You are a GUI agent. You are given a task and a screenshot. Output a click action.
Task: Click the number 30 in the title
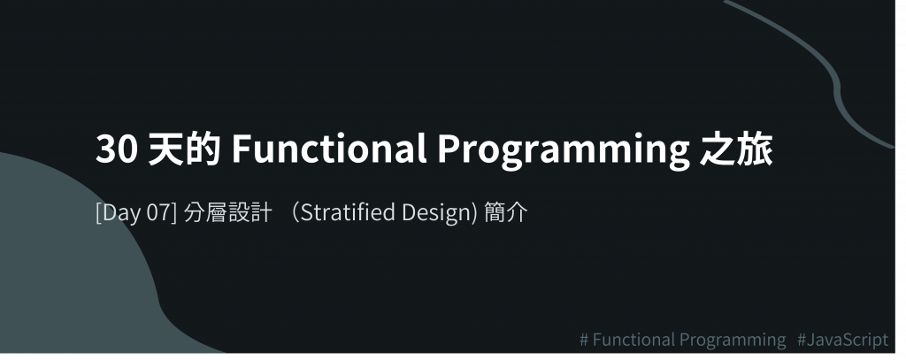117,149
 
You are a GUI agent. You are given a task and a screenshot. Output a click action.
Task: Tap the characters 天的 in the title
184,149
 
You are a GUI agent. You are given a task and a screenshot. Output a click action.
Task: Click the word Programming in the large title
564,151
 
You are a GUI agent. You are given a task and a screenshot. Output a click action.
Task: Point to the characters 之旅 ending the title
736,149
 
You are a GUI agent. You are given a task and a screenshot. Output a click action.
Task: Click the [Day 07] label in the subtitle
135,212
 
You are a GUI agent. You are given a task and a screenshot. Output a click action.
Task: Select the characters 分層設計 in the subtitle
227,212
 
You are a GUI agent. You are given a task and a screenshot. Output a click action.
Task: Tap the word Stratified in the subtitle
347,212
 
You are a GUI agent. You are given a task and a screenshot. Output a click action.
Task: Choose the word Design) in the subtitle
440,213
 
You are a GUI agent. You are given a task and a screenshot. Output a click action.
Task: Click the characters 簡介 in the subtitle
506,212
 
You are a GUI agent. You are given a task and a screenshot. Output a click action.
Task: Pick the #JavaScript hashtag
842,340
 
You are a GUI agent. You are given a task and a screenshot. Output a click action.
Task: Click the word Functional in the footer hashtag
633,339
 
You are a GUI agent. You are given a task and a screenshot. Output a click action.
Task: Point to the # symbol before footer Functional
584,340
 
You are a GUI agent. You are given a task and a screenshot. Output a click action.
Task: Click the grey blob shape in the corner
69,272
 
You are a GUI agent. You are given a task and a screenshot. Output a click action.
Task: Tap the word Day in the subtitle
119,213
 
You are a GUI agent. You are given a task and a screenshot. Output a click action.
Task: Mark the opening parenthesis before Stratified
294,212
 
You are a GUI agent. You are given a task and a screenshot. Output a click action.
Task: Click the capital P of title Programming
448,149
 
